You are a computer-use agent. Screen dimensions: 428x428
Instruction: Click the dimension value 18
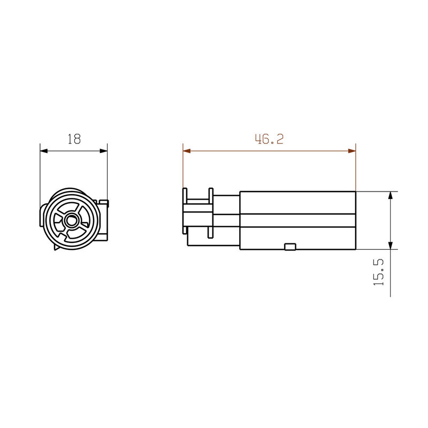point(74,139)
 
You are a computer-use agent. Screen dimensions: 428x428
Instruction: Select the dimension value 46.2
point(269,139)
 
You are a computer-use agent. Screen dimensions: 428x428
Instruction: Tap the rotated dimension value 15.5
point(379,272)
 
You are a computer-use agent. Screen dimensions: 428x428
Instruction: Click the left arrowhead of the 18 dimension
point(44,151)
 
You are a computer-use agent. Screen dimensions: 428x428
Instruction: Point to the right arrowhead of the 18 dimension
point(103,151)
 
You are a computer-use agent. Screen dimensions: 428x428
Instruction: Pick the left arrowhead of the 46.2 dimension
point(187,151)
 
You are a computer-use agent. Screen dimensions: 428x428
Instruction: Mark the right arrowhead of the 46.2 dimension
point(351,151)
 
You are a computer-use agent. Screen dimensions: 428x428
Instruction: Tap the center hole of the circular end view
point(71,219)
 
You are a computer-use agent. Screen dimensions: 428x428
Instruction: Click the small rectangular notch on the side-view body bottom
point(290,247)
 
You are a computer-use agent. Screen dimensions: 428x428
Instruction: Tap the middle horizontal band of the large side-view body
point(297,220)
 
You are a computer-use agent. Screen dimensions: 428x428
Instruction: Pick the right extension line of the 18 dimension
point(108,171)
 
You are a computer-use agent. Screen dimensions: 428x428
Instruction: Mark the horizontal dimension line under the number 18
point(74,151)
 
